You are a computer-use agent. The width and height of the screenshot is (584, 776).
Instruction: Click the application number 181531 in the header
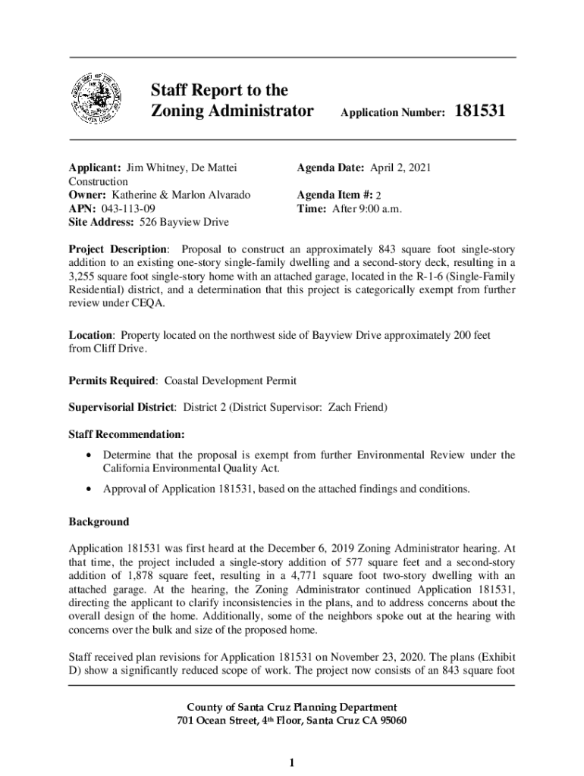[479, 111]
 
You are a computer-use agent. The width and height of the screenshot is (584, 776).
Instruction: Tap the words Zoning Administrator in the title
[232, 111]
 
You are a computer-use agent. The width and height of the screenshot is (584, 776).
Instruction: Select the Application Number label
[393, 113]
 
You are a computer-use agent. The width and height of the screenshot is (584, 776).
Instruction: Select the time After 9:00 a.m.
[367, 208]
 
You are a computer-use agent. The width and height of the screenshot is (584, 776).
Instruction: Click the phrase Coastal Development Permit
[231, 380]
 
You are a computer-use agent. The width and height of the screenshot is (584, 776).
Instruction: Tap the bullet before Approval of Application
[91, 489]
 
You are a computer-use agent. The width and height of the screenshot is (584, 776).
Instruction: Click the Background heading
[99, 522]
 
